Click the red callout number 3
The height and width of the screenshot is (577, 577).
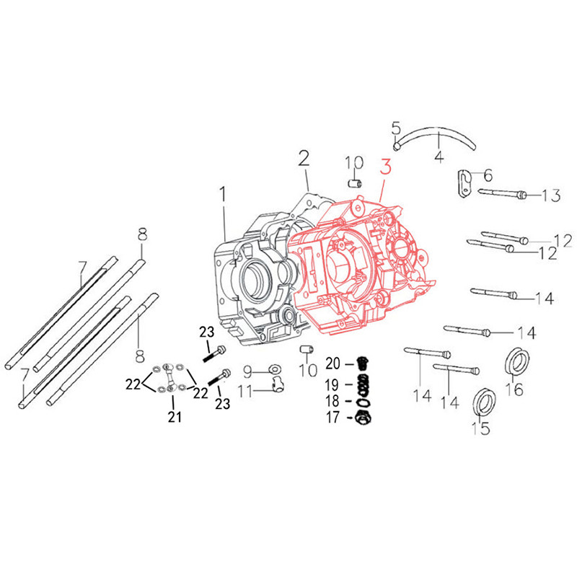(x=386, y=168)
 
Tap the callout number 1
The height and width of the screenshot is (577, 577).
(x=223, y=194)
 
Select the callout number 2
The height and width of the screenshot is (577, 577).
(x=304, y=158)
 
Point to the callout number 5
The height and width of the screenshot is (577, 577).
(x=396, y=129)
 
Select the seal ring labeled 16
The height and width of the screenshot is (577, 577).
(x=516, y=361)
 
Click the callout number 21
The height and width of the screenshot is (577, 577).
(x=175, y=416)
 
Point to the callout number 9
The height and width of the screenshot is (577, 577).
(x=247, y=371)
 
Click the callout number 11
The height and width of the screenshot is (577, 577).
(x=246, y=392)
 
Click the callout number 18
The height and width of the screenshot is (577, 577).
(x=332, y=400)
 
